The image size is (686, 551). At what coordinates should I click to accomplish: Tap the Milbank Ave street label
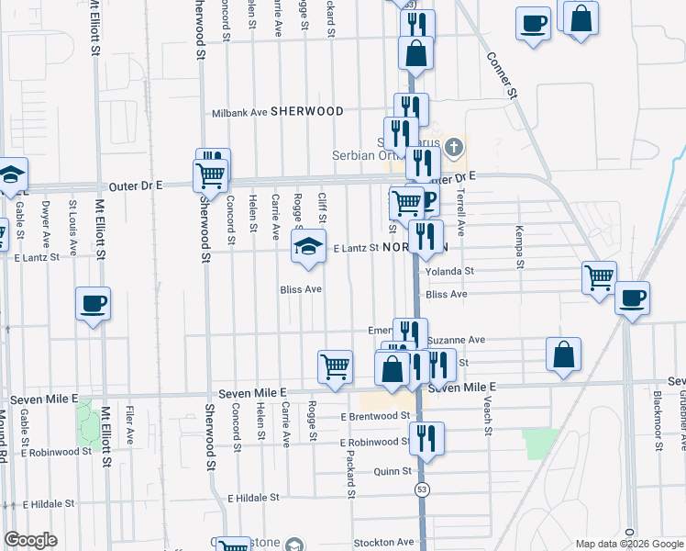239,112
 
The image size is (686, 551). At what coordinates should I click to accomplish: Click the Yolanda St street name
449,272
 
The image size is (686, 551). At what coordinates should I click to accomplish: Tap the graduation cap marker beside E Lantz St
308,245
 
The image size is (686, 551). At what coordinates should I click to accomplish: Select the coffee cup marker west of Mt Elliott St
94,302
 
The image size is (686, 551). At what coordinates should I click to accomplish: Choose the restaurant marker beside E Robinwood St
426,437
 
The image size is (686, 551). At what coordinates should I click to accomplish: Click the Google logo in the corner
30,540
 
